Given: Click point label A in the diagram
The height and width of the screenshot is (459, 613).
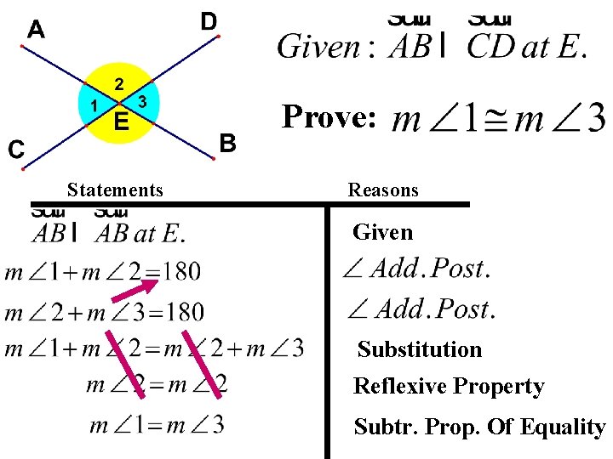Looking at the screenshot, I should pos(36,30).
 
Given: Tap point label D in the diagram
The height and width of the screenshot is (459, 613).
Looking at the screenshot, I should pos(209,20).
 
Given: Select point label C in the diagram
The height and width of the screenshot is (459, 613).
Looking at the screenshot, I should pos(16,150).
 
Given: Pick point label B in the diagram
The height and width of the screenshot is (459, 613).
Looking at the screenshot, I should pos(227,143).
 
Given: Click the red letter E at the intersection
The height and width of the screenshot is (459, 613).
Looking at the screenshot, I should pos(122,123).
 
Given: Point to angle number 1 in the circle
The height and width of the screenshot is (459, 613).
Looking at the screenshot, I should pos(92,105).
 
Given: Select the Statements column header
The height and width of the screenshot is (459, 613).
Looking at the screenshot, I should pos(115,190).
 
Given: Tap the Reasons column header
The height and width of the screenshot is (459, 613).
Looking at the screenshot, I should pos(383,190).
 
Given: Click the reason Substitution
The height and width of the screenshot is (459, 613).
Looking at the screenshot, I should pos(420,349).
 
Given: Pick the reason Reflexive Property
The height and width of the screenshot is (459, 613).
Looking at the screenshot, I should pos(449,387).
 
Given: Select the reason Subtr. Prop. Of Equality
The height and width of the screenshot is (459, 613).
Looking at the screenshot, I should pos(479,427).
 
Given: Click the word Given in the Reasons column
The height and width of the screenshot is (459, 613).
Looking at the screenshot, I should pos(382,232).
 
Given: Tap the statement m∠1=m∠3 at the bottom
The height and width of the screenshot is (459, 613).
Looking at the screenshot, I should pos(158,423).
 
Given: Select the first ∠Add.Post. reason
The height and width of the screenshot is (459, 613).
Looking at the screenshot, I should pos(416,269).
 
